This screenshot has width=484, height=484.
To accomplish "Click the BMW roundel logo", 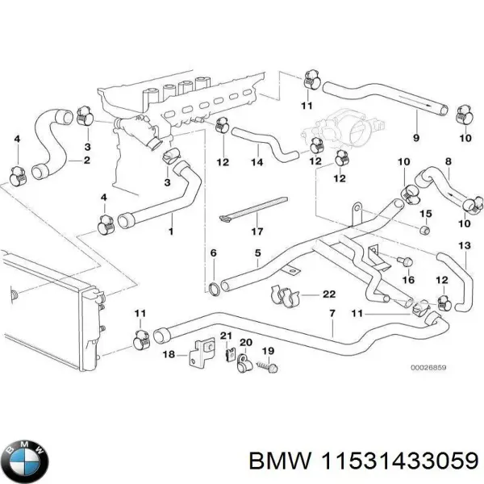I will pos(26,461).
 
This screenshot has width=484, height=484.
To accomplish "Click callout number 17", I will pos(257,232).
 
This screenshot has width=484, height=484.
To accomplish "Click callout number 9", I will pos(416,138).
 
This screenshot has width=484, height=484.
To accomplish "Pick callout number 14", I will pos(257,161).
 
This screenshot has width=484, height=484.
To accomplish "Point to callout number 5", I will pos(257,253).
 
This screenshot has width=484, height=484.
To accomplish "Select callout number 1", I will pos(170,232).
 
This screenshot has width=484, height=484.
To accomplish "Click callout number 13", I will pos(464,244).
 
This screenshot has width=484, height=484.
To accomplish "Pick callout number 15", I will pos(428,214).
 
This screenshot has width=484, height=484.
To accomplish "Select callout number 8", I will pos(449,161).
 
